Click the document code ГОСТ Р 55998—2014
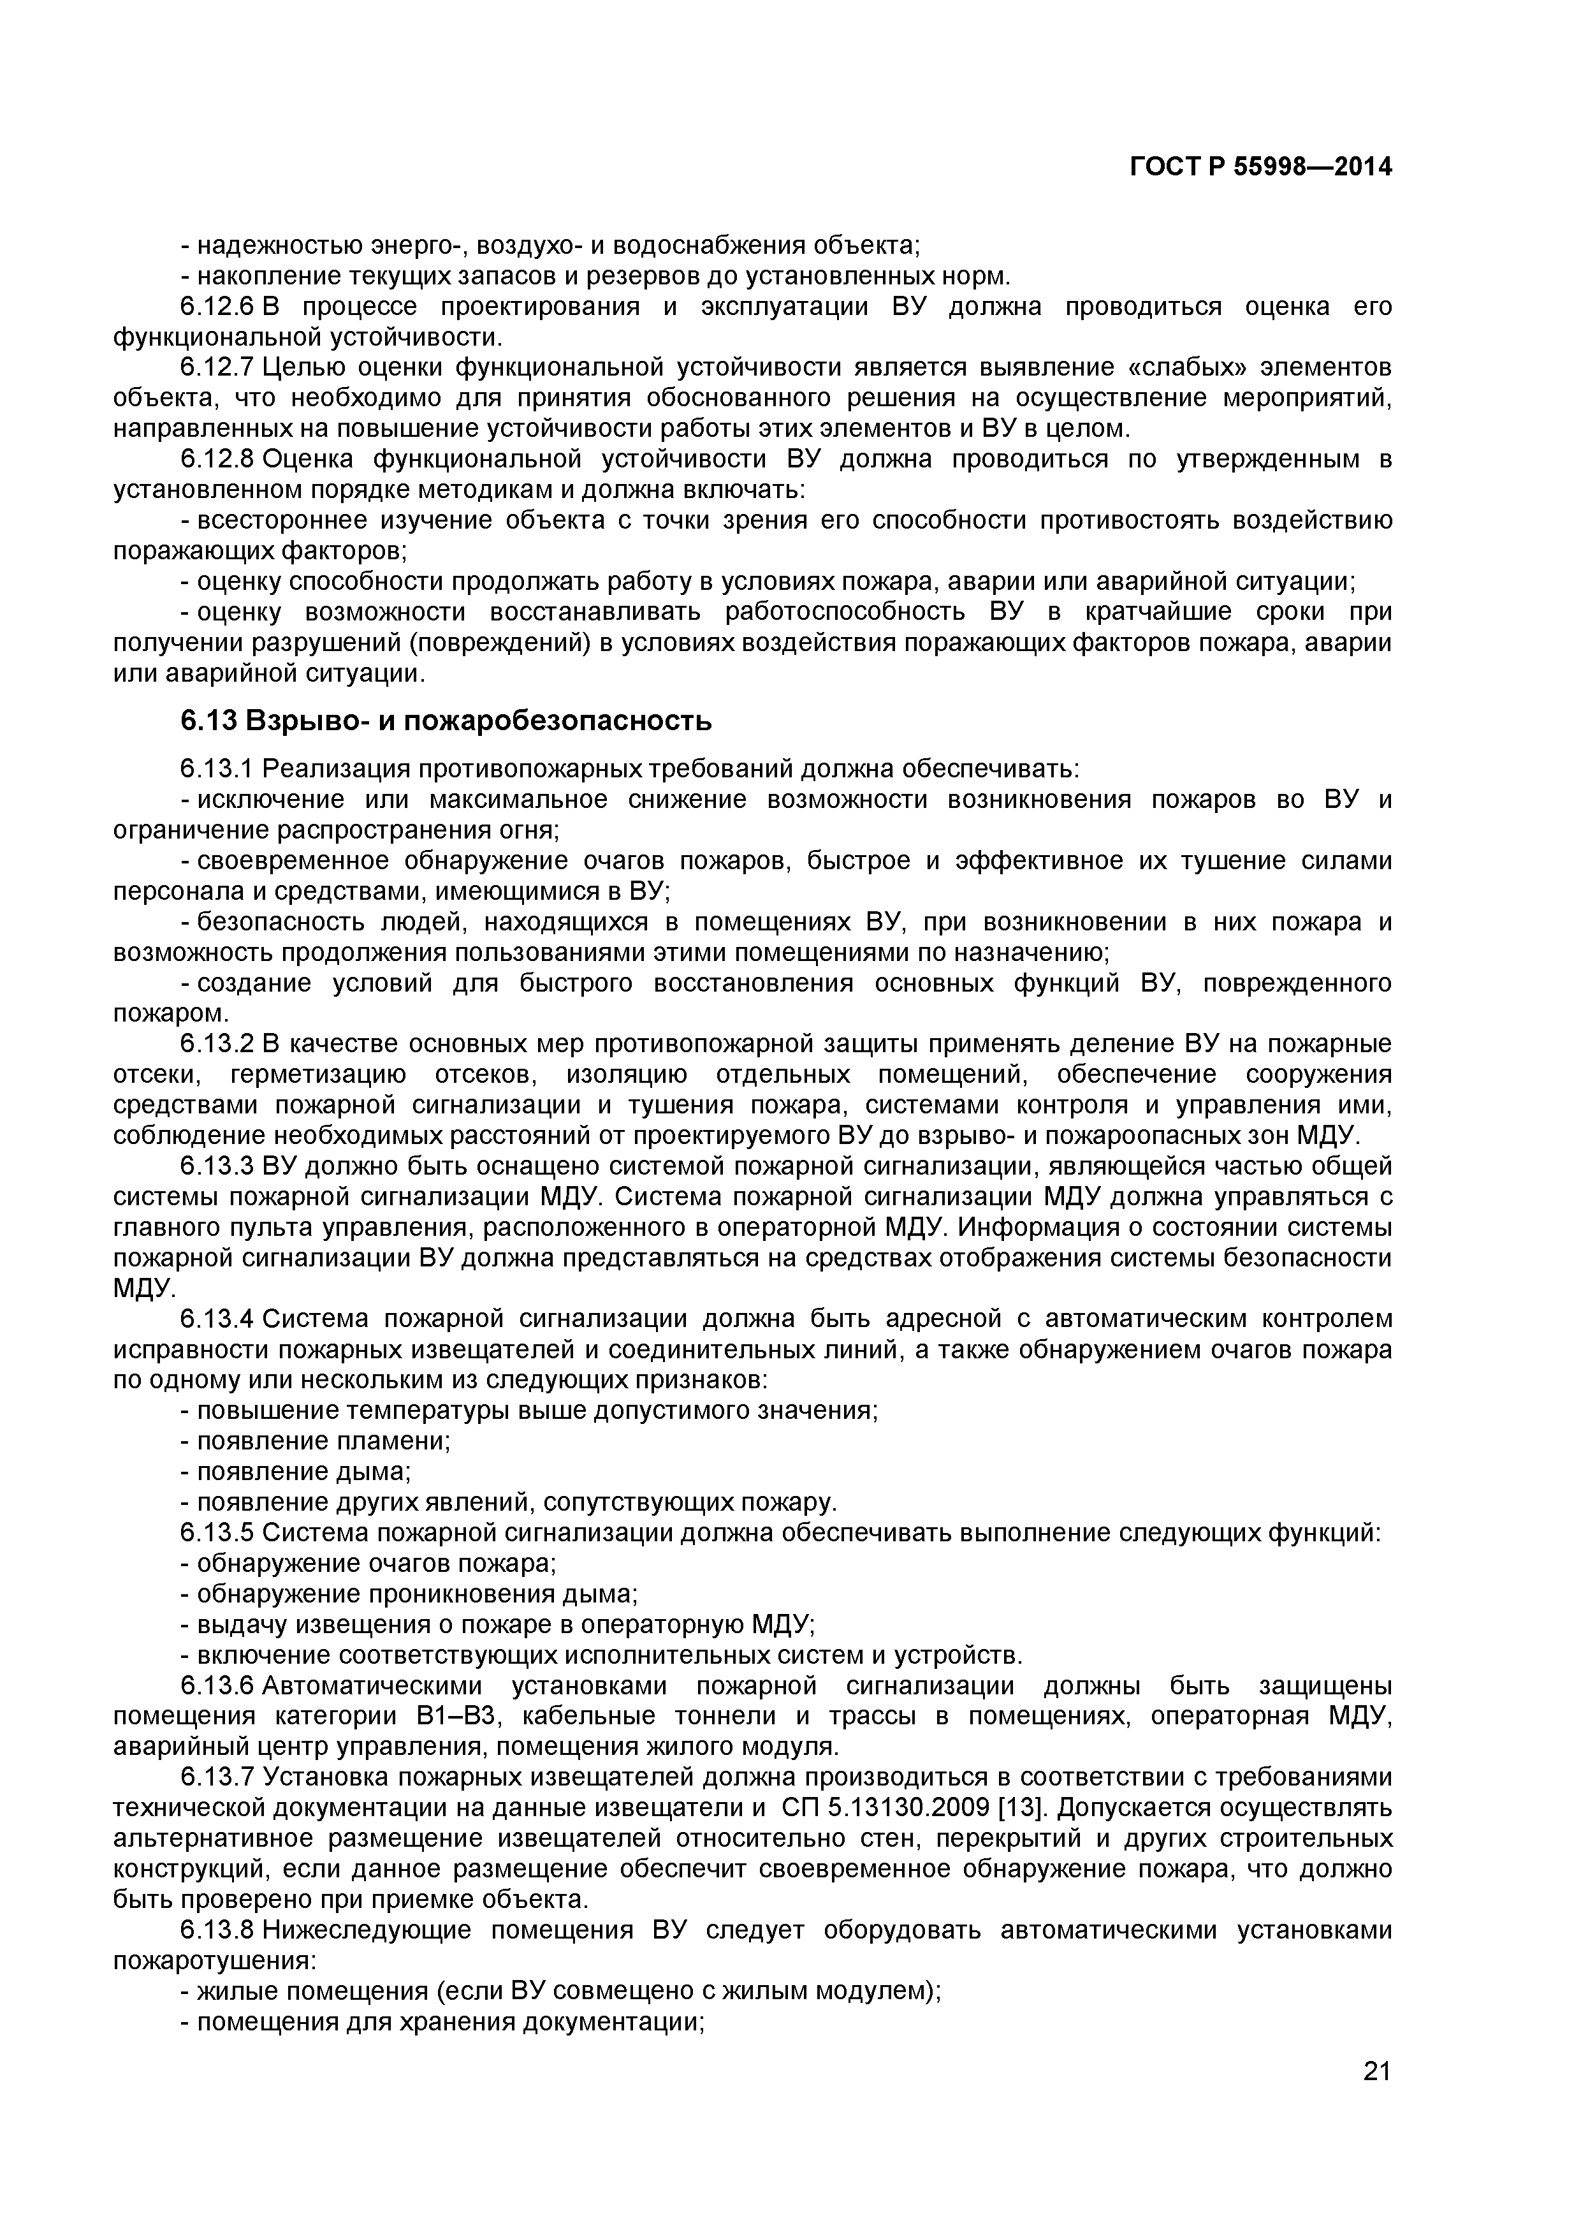[1260, 168]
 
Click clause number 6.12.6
[216, 307]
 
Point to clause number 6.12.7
[216, 367]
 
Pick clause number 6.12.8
[216, 459]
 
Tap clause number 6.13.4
[216, 1319]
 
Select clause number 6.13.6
[216, 1685]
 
